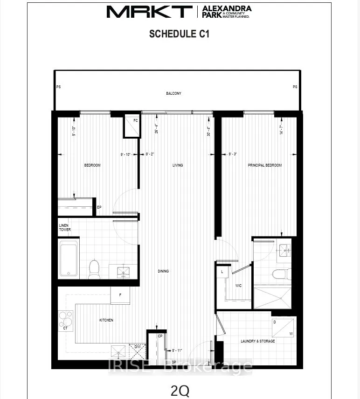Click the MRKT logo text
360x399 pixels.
pyautogui.click(x=149, y=12)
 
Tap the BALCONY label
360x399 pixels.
pyautogui.click(x=173, y=93)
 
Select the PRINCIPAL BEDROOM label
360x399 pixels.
pyautogui.click(x=265, y=165)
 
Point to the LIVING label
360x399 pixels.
pyautogui.click(x=178, y=165)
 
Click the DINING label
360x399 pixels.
pyautogui.click(x=163, y=271)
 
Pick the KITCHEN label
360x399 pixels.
pyautogui.click(x=106, y=320)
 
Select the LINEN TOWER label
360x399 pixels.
pyautogui.click(x=64, y=228)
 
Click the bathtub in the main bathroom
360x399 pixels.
pyautogui.click(x=69, y=258)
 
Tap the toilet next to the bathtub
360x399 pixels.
pyautogui.click(x=94, y=269)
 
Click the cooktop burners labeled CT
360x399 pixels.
pyautogui.click(x=67, y=321)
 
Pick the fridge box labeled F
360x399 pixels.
pyautogui.click(x=120, y=295)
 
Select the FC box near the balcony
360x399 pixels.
pyautogui.click(x=132, y=126)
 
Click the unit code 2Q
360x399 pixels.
pyautogui.click(x=180, y=390)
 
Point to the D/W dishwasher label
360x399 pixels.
pyautogui.click(x=138, y=347)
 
